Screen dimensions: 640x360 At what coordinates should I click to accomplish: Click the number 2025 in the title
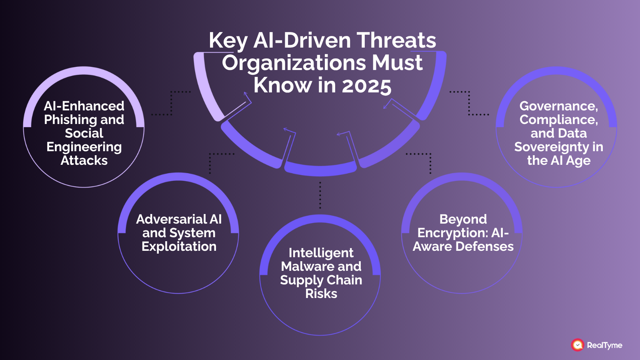[366, 86]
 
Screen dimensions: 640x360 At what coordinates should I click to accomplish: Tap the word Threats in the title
[396, 40]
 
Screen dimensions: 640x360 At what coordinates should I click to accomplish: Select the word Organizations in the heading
[294, 63]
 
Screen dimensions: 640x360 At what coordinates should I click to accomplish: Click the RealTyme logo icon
[577, 345]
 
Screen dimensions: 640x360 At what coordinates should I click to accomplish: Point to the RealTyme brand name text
[604, 345]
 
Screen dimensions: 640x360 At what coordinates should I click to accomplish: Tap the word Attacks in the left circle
[84, 160]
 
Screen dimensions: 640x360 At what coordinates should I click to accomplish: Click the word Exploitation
[179, 246]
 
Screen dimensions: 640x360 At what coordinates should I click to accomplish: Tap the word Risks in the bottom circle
[321, 294]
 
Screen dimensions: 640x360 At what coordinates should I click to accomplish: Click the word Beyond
[463, 219]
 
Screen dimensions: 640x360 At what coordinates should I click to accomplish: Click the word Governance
[558, 106]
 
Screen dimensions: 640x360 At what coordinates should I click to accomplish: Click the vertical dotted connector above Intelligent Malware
[320, 195]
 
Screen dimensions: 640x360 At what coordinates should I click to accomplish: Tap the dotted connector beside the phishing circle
[172, 103]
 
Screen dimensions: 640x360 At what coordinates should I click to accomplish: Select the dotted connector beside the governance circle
[469, 103]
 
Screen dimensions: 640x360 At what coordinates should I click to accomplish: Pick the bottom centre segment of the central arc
[320, 170]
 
